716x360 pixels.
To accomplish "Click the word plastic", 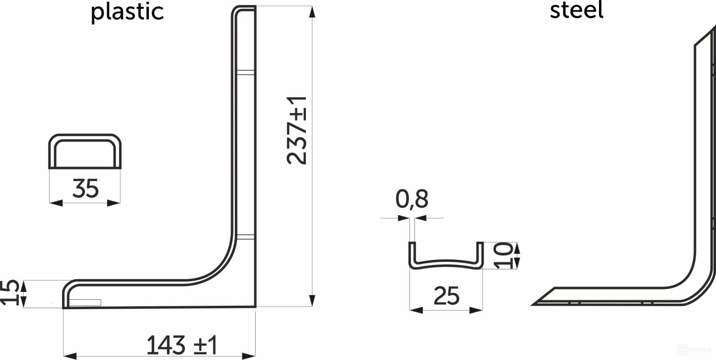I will [x=127, y=12].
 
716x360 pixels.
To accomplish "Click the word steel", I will [x=576, y=10].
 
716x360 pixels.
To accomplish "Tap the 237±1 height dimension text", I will [x=297, y=130].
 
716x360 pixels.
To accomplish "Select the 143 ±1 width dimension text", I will [x=182, y=345].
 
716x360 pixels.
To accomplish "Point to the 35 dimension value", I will [x=85, y=188].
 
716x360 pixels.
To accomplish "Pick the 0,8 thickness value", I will [x=411, y=199].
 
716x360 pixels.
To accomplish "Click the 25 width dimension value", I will [x=446, y=296].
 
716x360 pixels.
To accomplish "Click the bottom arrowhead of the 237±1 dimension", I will [x=312, y=301].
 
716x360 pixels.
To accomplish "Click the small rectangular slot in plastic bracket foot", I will [x=85, y=302].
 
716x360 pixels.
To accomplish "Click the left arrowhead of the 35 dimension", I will [x=56, y=203].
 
